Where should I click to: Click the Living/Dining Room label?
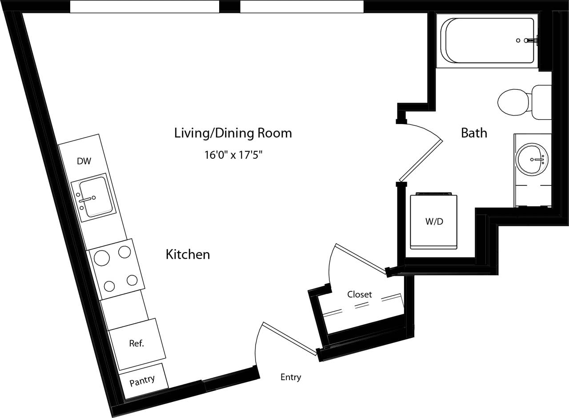click(233, 133)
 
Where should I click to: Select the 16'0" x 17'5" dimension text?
click(233, 155)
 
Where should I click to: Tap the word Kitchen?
click(188, 254)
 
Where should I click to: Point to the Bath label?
click(474, 133)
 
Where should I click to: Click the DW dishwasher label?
click(84, 161)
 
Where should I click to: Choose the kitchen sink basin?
click(95, 197)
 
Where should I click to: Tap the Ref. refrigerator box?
click(137, 344)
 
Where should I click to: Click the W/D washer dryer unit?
click(434, 221)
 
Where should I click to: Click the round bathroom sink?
click(532, 159)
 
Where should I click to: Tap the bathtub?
click(487, 40)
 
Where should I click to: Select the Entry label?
click(291, 377)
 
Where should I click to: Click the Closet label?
click(359, 294)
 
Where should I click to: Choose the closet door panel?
click(360, 257)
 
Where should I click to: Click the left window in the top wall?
click(144, 7)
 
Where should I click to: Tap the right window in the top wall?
click(302, 7)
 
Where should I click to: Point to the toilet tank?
click(541, 102)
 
